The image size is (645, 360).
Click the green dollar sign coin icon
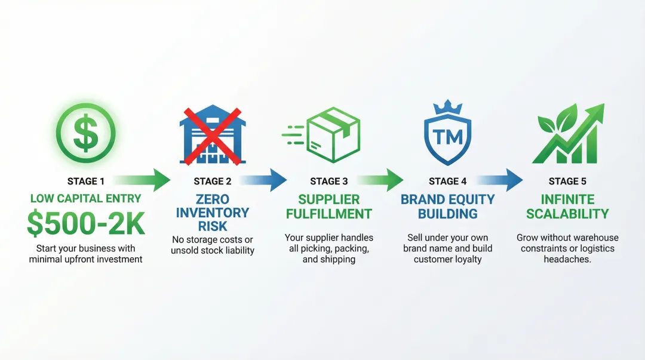click(x=85, y=133)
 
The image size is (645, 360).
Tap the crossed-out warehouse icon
click(x=211, y=134)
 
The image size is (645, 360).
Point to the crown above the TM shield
click(x=447, y=107)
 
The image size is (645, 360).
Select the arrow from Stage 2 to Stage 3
click(x=262, y=180)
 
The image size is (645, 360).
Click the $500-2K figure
click(x=85, y=223)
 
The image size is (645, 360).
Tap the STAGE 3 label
click(x=329, y=181)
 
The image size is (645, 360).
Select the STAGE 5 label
click(x=567, y=181)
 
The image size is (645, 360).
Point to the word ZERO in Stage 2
click(x=213, y=199)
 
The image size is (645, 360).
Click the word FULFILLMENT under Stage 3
click(x=329, y=214)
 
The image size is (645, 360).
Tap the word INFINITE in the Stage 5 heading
click(x=567, y=199)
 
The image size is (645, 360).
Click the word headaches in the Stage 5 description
click(x=567, y=260)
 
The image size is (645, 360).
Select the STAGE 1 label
click(x=85, y=181)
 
